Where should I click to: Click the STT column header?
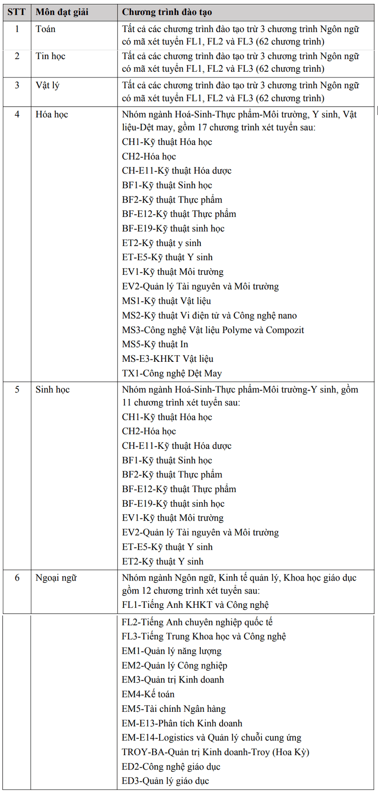tap(17, 12)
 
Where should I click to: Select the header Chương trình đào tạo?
tap(167, 12)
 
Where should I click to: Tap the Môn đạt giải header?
tap(62, 12)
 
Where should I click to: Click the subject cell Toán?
tap(45, 29)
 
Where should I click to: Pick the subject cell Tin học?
tap(50, 56)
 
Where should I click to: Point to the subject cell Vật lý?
tap(47, 85)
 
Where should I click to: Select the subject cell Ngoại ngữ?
tap(56, 578)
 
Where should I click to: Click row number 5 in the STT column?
tap(17, 390)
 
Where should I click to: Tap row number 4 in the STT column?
tap(17, 114)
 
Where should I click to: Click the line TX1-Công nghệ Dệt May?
tap(172, 373)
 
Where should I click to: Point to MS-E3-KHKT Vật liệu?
tap(167, 359)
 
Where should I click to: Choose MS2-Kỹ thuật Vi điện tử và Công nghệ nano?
tap(209, 316)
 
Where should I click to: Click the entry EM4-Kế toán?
tap(148, 694)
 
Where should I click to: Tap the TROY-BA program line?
tap(215, 752)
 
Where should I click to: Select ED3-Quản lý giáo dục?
tap(165, 781)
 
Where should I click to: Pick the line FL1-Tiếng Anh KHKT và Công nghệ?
tap(195, 605)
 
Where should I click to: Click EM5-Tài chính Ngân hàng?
tap(173, 709)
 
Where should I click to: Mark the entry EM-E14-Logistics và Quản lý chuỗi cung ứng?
tap(211, 738)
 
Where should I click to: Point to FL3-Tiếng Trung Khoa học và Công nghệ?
tap(204, 636)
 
